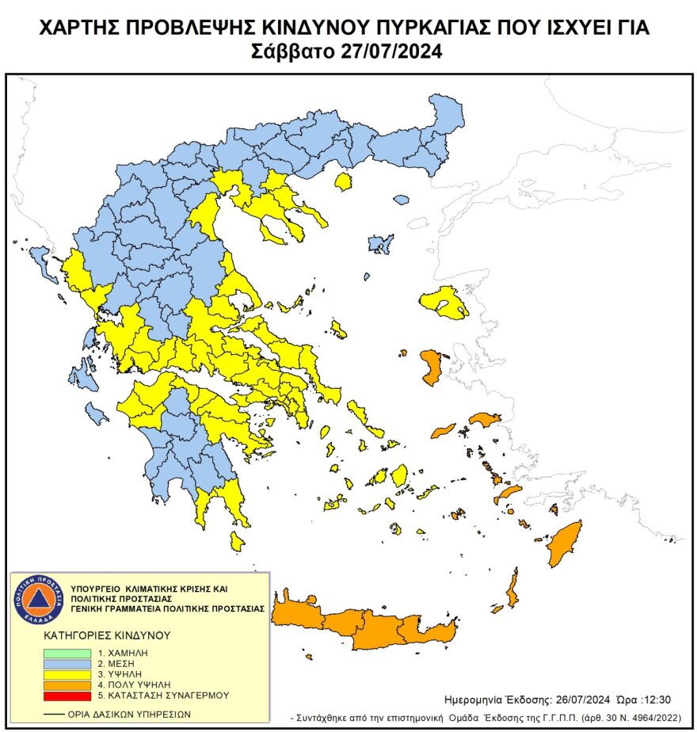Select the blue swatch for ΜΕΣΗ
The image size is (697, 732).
pos(67,661)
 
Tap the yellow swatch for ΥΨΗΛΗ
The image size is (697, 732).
pos(67,673)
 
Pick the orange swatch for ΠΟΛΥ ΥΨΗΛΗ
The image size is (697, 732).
pos(67,684)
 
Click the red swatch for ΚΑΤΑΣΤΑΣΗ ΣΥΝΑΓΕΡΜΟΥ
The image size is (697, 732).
pos(67,695)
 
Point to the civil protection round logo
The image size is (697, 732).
pos(38,599)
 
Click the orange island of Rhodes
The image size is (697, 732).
pos(565,543)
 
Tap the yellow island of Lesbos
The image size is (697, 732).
pos(444,302)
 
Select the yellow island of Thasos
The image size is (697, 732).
pos(343,182)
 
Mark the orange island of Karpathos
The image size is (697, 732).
pos(512,589)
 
